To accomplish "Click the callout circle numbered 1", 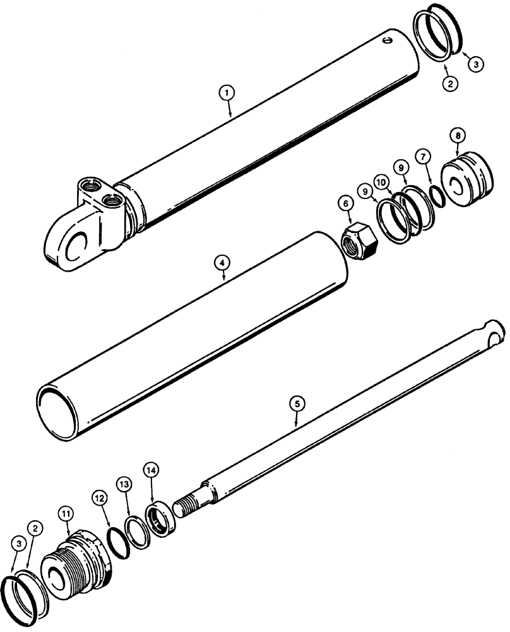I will click(x=228, y=92).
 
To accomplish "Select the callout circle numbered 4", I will click(x=222, y=260).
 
